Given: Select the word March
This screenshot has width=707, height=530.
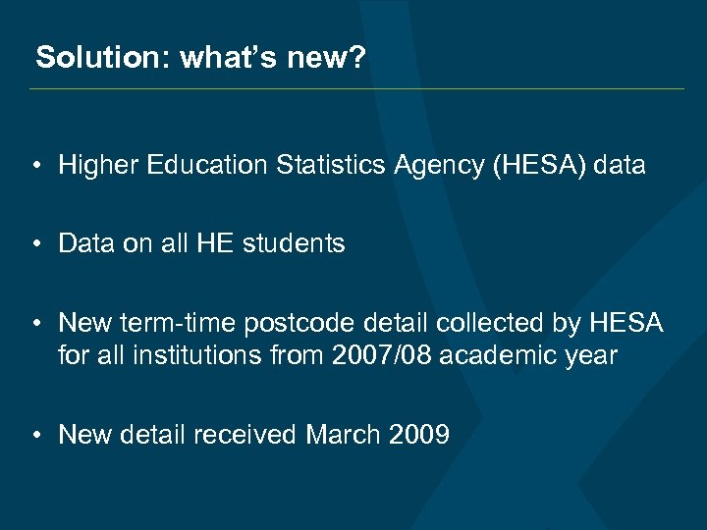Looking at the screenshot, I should [342, 434].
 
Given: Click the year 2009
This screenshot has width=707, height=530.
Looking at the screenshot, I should [417, 434].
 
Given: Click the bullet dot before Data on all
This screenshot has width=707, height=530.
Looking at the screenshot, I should [34, 244].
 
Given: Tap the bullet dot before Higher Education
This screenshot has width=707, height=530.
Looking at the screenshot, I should [34, 167].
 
